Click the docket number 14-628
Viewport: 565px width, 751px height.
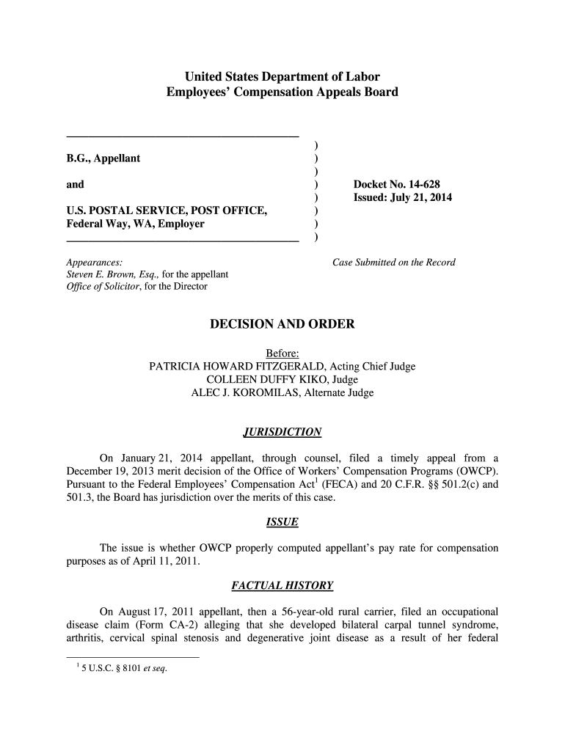(397, 184)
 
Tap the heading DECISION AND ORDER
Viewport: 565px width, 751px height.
(282, 324)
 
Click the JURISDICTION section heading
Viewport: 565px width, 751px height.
(282, 432)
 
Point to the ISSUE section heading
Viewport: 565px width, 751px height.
(282, 523)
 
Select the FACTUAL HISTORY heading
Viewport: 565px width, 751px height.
(282, 586)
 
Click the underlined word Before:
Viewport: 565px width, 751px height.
(282, 353)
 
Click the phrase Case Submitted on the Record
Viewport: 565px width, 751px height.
(394, 262)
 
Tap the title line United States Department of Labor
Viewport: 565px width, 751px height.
(282, 76)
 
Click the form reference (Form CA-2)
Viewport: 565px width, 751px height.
(178, 625)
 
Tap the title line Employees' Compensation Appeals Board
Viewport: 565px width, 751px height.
(282, 92)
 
